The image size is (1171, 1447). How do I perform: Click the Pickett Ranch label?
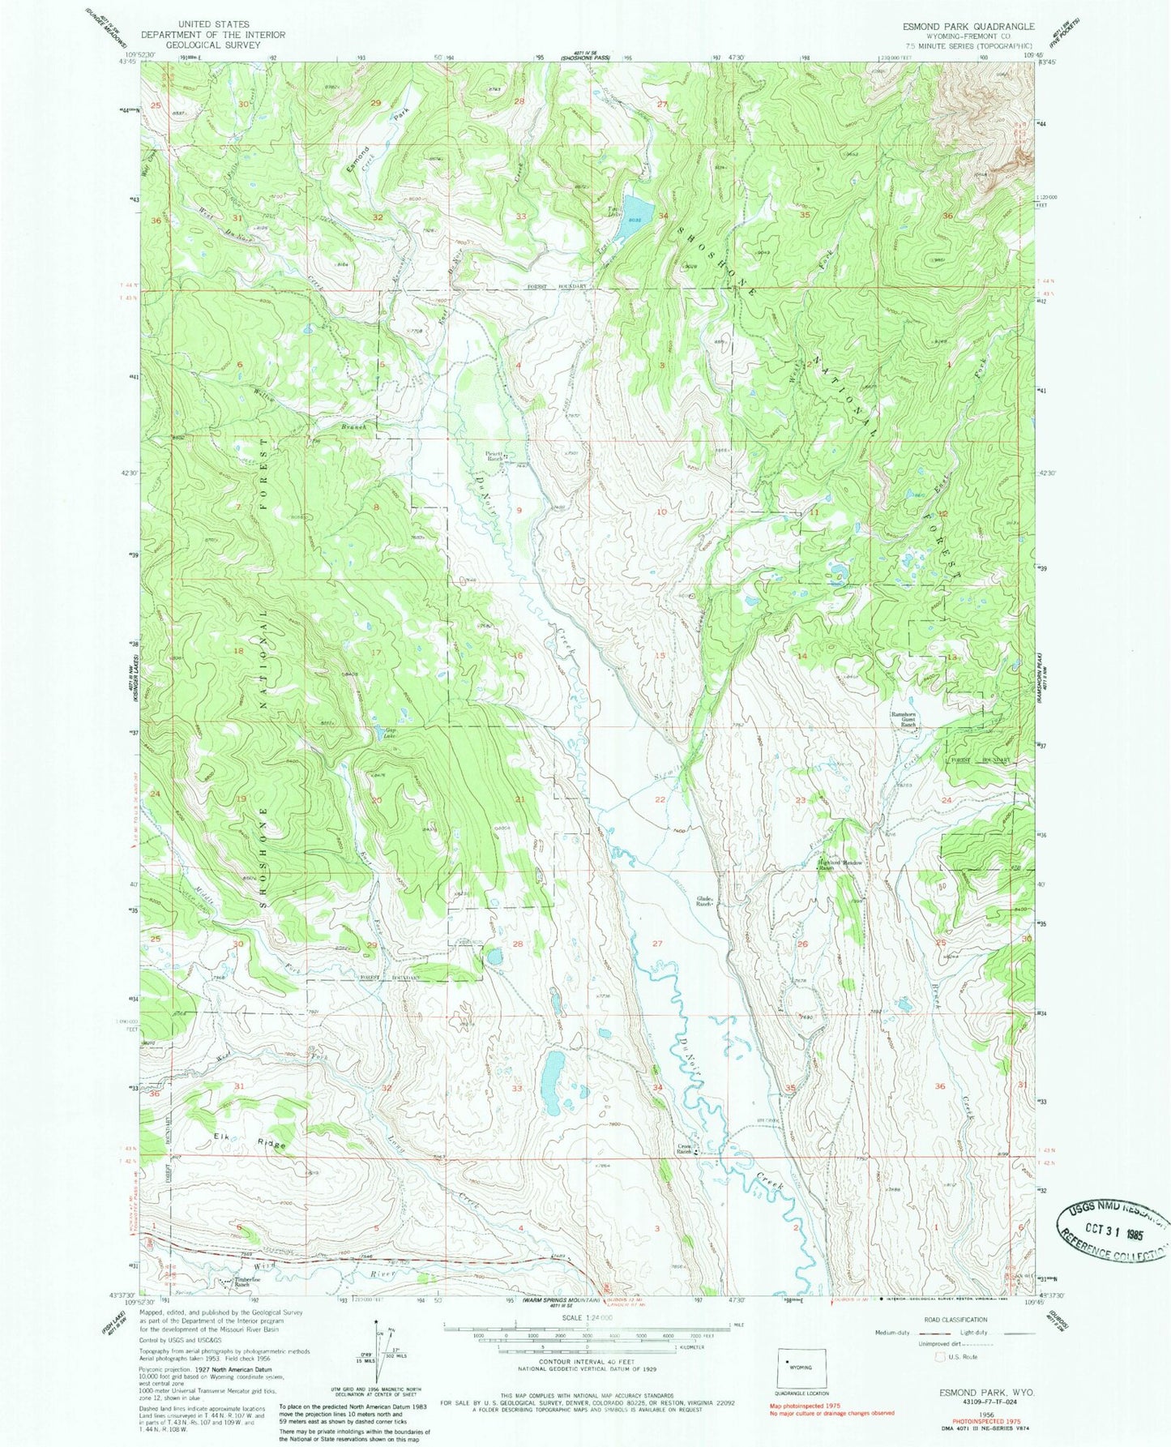[494, 456]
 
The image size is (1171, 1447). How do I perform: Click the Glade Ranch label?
[703, 901]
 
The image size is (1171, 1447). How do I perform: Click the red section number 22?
[660, 799]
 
